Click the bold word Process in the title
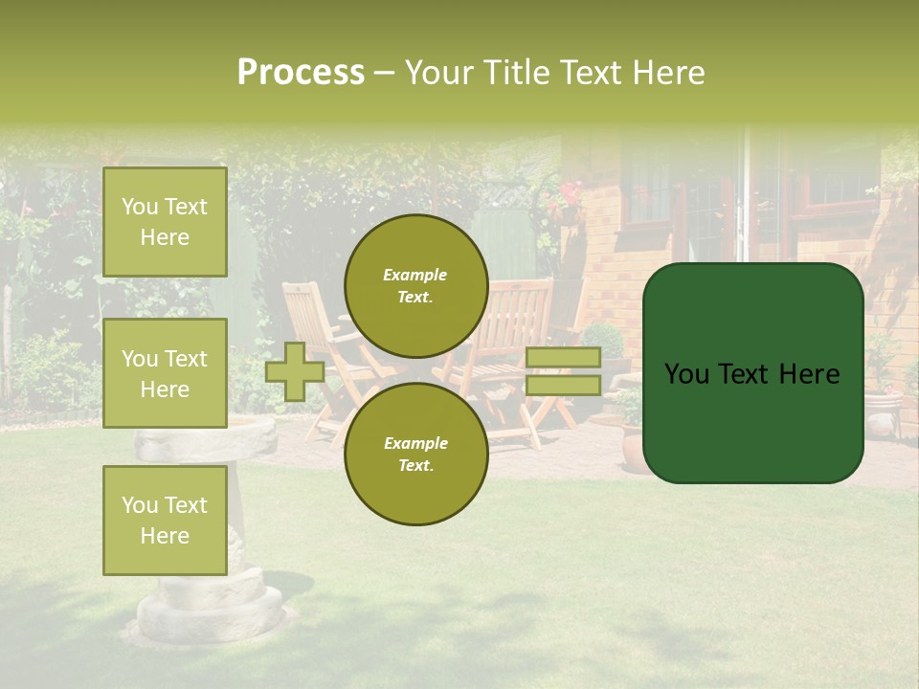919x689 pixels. click(301, 73)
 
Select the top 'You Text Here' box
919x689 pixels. click(165, 222)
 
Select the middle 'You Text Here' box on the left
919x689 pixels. click(165, 373)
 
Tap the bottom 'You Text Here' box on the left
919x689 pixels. click(165, 520)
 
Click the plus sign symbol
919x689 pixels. click(294, 371)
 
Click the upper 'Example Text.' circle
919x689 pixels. click(415, 285)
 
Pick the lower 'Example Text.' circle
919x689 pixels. click(415, 454)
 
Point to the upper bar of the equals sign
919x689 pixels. click(563, 358)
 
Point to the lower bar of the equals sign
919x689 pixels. click(563, 385)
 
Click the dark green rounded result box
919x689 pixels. click(752, 373)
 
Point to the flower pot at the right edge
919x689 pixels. click(883, 411)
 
